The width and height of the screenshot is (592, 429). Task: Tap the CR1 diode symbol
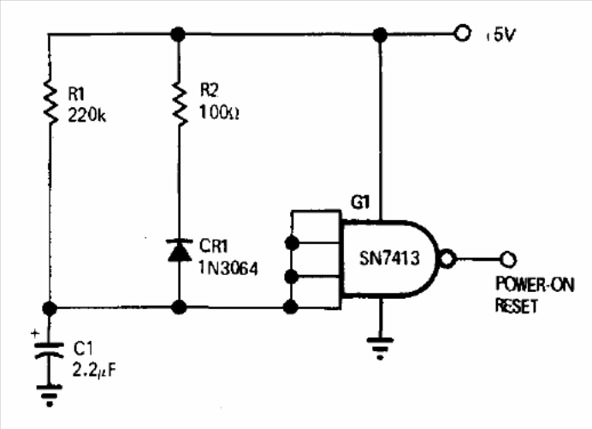179,250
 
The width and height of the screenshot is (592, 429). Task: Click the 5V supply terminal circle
463,34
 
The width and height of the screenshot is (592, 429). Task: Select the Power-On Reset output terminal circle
510,258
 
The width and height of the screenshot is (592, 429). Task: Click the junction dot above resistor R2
179,34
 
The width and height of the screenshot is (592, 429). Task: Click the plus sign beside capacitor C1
35,331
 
